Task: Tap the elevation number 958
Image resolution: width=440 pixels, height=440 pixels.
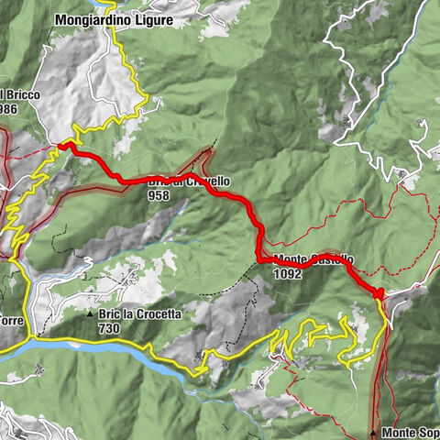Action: (x=160, y=195)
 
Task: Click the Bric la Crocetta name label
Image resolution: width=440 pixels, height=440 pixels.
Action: (x=145, y=314)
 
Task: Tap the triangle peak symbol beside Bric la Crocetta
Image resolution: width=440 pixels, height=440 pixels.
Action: (x=91, y=314)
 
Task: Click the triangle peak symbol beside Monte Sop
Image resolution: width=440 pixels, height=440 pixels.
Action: (x=375, y=431)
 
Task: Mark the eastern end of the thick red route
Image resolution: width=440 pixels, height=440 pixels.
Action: (x=378, y=292)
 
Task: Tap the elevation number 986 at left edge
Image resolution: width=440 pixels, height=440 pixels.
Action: (x=9, y=108)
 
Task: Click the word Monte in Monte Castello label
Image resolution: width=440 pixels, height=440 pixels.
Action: (x=291, y=259)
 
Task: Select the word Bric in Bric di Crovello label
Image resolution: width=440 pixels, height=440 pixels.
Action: (x=157, y=181)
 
